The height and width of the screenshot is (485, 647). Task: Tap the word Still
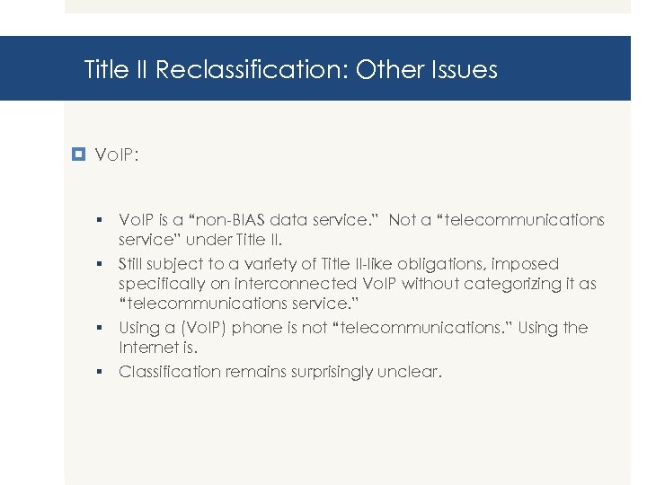point(135,264)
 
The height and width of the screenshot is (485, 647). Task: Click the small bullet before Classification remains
point(103,371)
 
